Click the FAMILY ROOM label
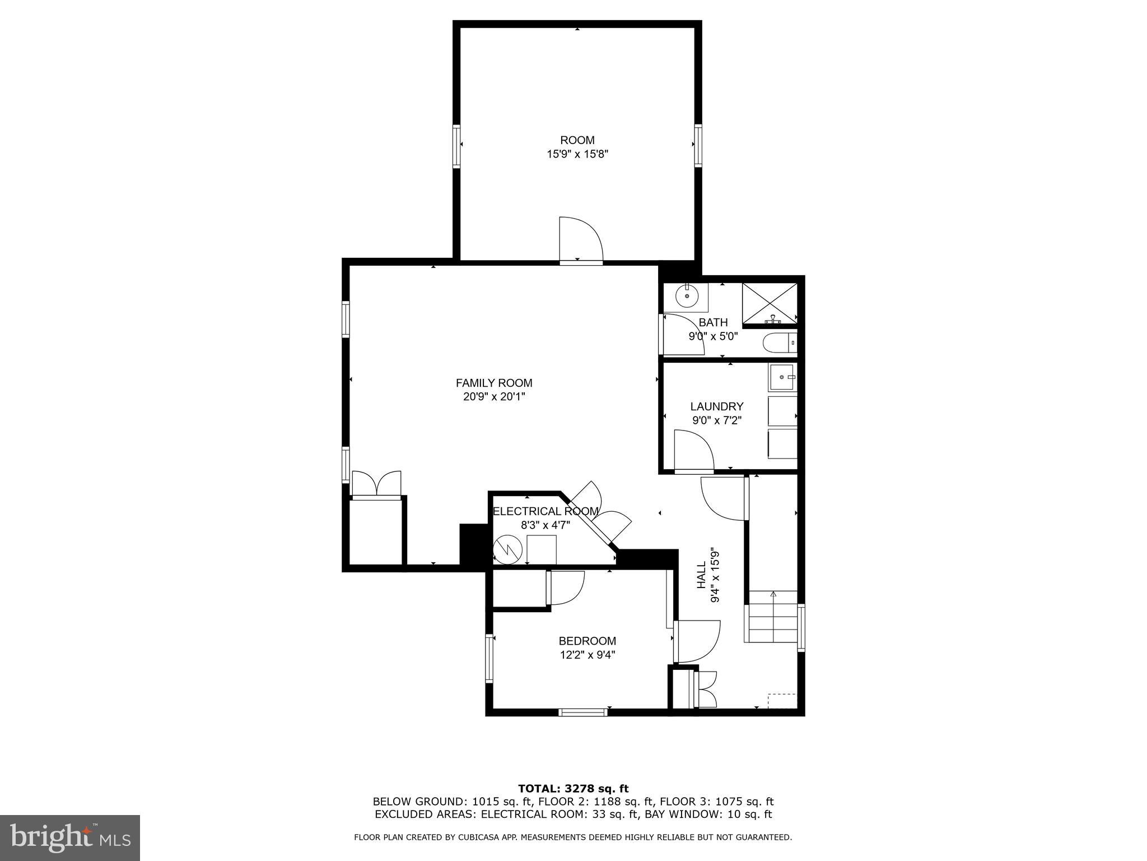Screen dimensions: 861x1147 (x=493, y=383)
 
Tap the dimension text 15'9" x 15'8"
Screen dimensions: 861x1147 (x=577, y=154)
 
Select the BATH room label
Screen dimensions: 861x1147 (x=713, y=322)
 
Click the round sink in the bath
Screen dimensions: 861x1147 (x=686, y=296)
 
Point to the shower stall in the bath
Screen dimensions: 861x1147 (x=770, y=303)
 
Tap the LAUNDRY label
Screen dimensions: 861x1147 (x=716, y=406)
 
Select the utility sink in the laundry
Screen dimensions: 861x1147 (x=782, y=377)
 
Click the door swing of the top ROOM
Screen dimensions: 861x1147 (x=580, y=239)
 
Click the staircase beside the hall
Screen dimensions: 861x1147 (x=771, y=616)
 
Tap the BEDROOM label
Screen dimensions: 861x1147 (x=587, y=641)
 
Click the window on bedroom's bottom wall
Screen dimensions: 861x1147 (x=582, y=712)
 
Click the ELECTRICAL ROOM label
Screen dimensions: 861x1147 (x=545, y=511)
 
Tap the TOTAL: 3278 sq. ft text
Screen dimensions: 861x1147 (x=573, y=789)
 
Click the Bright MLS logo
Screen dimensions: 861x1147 (x=69, y=837)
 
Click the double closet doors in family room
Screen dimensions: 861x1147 (x=376, y=483)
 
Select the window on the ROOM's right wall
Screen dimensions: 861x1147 (x=698, y=145)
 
